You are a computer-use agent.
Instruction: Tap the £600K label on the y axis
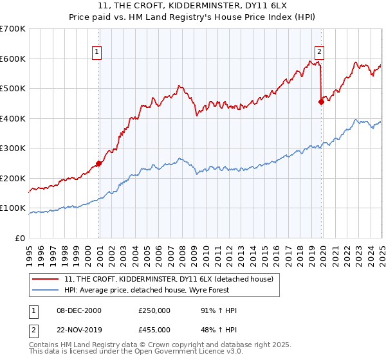13,59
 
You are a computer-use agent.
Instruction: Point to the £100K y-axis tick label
13,208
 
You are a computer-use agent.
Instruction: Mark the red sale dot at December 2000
99,163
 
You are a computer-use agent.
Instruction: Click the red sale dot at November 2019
322,102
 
